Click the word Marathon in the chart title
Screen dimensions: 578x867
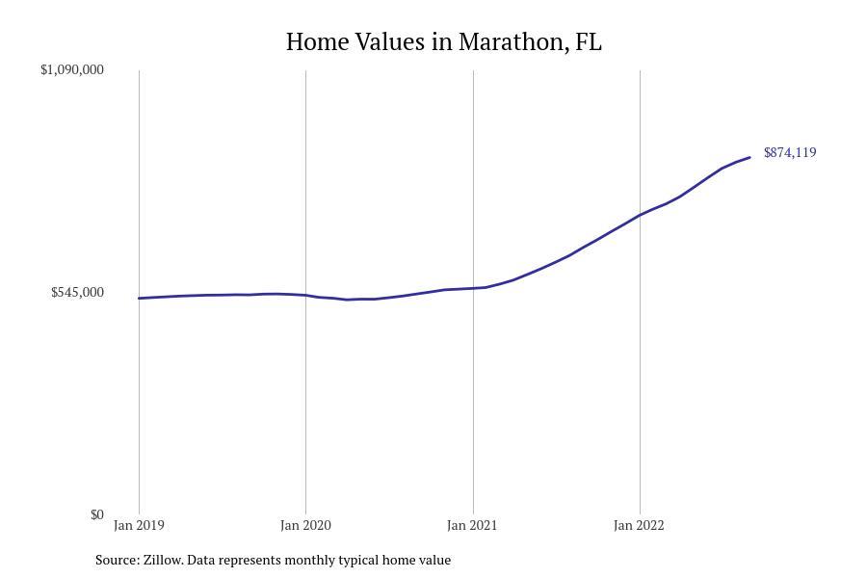pyautogui.click(x=512, y=42)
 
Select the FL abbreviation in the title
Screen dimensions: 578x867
pyautogui.click(x=589, y=42)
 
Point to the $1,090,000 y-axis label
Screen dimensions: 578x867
pyautogui.click(x=72, y=69)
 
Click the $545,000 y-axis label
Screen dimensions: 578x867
pyautogui.click(x=77, y=292)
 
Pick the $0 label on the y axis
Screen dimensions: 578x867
pyautogui.click(x=96, y=514)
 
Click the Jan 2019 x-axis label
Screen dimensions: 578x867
pyautogui.click(x=139, y=525)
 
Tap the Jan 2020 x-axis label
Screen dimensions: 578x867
pyautogui.click(x=305, y=525)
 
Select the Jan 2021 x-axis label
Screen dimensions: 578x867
pyautogui.click(x=472, y=525)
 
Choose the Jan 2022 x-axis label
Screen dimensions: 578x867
pyautogui.click(x=639, y=525)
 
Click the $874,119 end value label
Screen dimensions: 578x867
pyautogui.click(x=790, y=152)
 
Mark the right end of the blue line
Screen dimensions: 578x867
pyautogui.click(x=749, y=157)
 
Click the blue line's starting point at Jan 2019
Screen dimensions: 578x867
pyautogui.click(x=140, y=299)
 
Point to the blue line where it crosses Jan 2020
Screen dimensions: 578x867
pyautogui.click(x=306, y=295)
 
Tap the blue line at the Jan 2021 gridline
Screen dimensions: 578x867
pyautogui.click(x=473, y=288)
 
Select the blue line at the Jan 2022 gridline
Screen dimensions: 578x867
pyautogui.click(x=640, y=215)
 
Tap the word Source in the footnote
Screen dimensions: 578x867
pyautogui.click(x=117, y=560)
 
